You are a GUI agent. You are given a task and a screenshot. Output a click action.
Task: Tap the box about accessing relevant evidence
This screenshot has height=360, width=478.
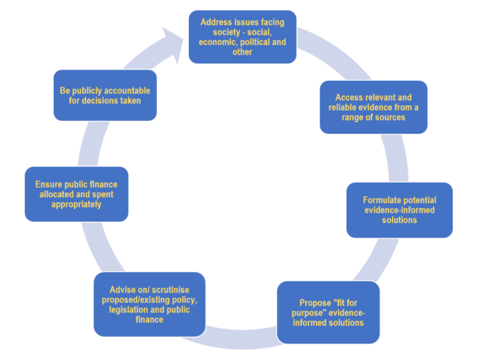click(373, 108)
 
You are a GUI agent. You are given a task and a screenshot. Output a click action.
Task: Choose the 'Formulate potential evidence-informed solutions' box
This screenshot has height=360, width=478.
click(400, 210)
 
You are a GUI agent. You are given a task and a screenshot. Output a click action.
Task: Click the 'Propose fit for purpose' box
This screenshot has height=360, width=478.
click(328, 312)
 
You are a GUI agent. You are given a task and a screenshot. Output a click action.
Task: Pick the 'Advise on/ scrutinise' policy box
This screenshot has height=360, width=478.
click(149, 303)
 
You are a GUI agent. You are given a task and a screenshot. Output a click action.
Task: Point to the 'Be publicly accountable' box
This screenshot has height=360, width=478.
click(105, 96)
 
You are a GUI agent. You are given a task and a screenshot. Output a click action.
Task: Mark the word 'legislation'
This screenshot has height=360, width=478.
click(129, 309)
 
